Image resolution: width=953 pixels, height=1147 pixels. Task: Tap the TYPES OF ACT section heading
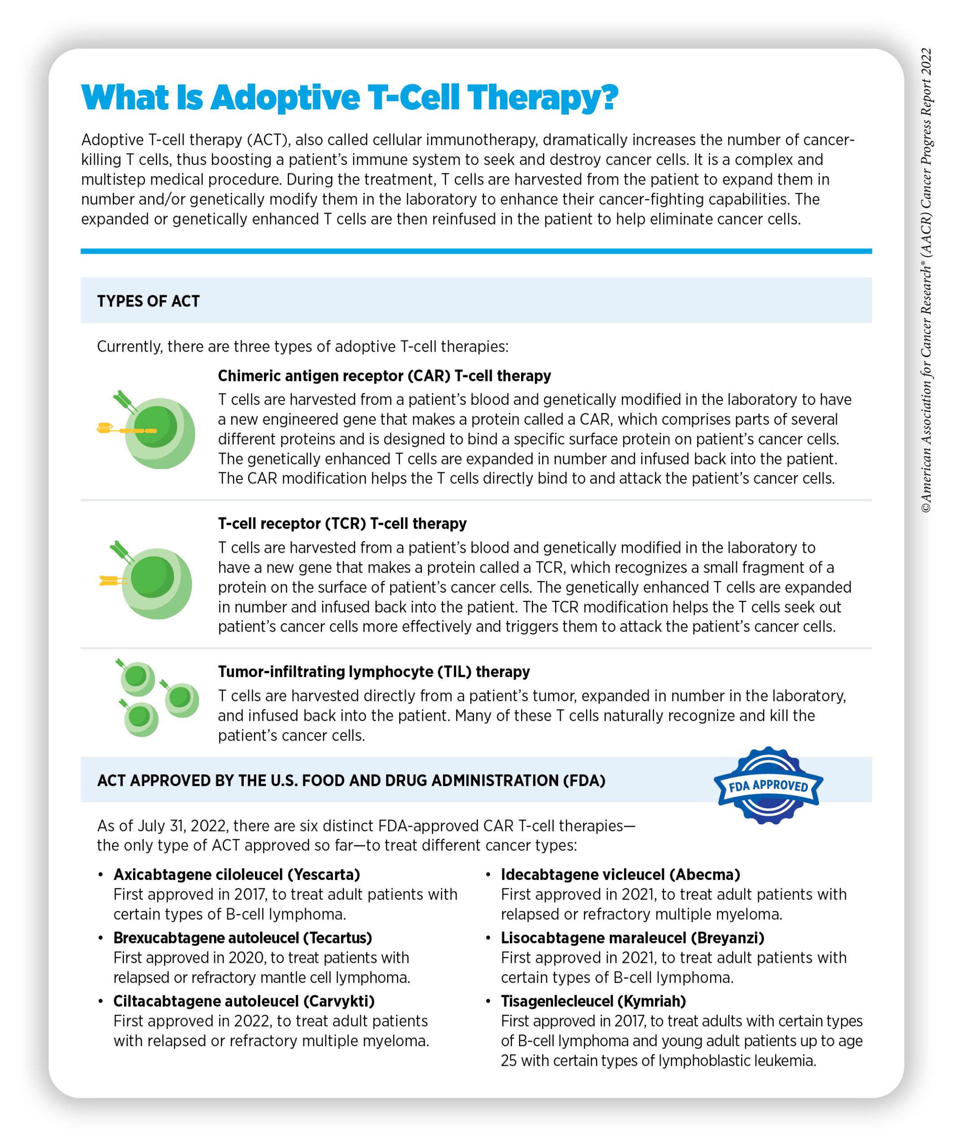pos(149,301)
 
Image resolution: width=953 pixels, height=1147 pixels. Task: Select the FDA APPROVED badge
pos(768,785)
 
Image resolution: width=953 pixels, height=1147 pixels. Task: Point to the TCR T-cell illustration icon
pos(147,580)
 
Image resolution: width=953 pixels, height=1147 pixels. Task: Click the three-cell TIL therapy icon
pos(157,698)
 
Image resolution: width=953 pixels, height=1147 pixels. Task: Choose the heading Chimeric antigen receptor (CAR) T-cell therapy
pos(384,376)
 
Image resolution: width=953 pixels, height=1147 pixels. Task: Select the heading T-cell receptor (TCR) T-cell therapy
pos(342,523)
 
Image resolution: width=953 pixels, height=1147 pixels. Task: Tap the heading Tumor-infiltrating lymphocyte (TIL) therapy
pos(374,671)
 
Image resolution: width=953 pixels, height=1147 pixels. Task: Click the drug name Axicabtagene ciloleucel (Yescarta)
pos(237,875)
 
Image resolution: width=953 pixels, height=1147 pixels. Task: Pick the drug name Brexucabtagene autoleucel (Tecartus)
pos(242,938)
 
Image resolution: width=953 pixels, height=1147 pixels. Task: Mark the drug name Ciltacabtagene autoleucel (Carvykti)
pos(244,1001)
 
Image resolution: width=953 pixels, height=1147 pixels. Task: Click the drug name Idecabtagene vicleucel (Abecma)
pos(621,875)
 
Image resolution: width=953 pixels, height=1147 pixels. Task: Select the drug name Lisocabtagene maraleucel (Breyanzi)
pos(632,938)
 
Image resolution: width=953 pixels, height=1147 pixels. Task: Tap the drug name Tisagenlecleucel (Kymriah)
pos(593,1001)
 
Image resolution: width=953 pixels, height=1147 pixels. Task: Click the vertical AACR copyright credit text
pos(926,280)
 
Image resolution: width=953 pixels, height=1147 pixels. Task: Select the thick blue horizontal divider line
pos(476,251)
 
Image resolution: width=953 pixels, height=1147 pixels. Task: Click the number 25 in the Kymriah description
pos(509,1061)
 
